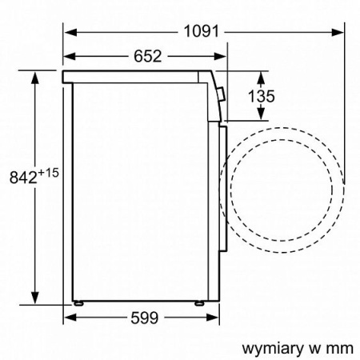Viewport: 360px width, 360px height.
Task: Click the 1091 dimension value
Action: pos(199,32)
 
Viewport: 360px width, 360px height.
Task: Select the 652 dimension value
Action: pos(144,56)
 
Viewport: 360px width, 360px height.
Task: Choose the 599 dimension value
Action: pos(144,318)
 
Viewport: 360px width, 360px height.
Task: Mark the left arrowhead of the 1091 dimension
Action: pos(69,32)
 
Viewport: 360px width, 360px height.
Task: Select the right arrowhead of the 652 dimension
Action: pos(217,56)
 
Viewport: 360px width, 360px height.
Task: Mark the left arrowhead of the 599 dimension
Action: pos(69,318)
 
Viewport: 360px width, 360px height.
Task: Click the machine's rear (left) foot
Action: pos(79,305)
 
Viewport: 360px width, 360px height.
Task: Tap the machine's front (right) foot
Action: pos(198,305)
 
